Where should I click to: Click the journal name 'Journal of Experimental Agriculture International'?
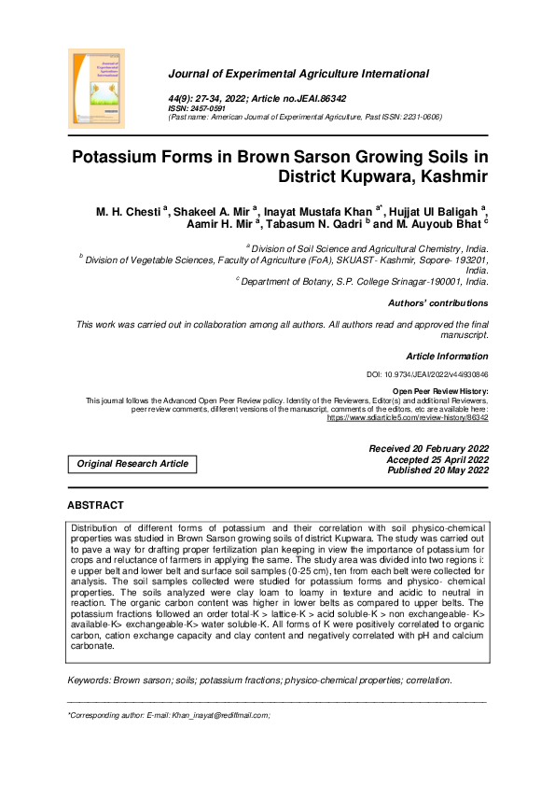click(298, 74)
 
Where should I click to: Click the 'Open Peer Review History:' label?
click(439, 392)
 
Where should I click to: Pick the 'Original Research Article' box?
click(132, 464)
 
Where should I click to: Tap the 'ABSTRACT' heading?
click(95, 505)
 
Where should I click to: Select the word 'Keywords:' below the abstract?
click(90, 654)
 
